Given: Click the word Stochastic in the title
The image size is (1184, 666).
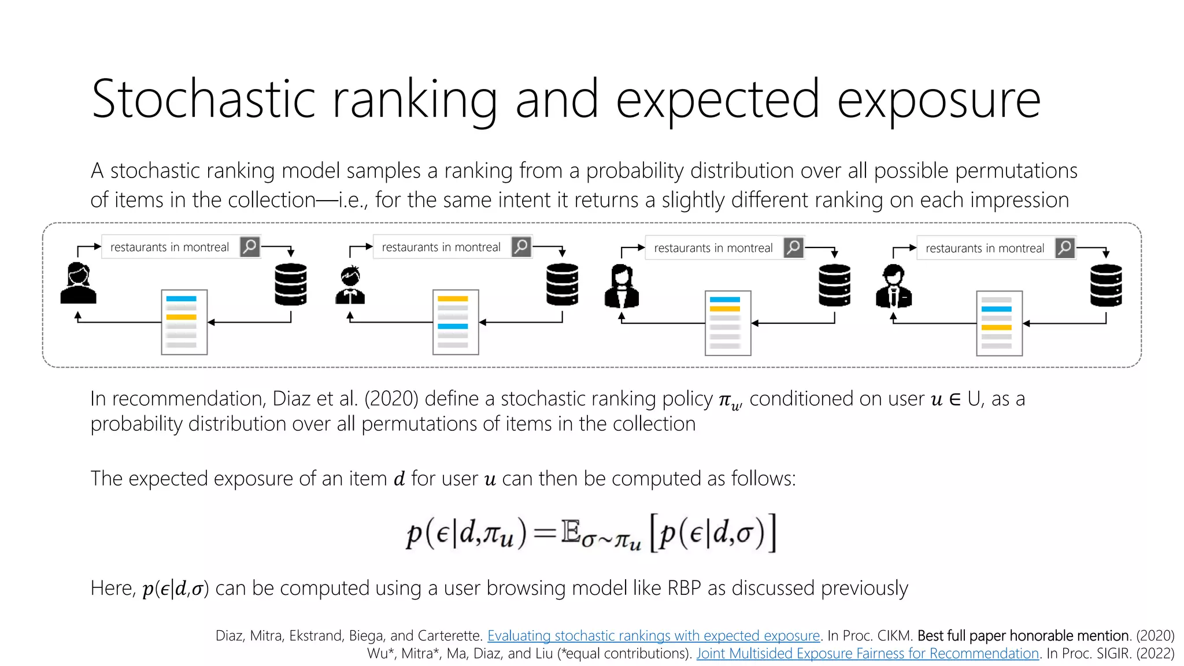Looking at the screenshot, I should pyautogui.click(x=203, y=99).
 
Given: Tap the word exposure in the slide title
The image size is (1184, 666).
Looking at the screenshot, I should pyautogui.click(x=938, y=99).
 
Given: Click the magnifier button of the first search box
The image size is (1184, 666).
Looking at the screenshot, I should pyautogui.click(x=250, y=247).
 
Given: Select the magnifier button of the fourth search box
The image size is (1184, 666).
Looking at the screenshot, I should pyautogui.click(x=1065, y=248).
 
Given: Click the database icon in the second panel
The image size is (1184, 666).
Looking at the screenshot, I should pyautogui.click(x=562, y=284).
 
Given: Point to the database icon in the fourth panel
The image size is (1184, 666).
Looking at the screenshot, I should pyautogui.click(x=1106, y=286).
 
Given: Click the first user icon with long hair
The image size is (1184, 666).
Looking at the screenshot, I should pyautogui.click(x=79, y=283).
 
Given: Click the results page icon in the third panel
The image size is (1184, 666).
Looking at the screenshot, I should pyautogui.click(x=727, y=323).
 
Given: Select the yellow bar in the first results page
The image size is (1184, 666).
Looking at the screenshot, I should pyautogui.click(x=182, y=317).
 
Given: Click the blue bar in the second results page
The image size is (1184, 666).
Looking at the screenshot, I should pyautogui.click(x=453, y=327).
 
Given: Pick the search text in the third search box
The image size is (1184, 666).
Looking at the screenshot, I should pyautogui.click(x=713, y=248).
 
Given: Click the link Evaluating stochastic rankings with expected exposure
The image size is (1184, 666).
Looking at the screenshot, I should pyautogui.click(x=653, y=635).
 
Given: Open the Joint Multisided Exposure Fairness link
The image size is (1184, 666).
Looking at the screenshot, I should pyautogui.click(x=867, y=653).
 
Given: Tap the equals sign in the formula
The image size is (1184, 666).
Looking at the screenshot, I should pyautogui.click(x=544, y=533).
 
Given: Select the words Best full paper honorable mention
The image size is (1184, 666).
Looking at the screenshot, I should pyautogui.click(x=1023, y=635).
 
